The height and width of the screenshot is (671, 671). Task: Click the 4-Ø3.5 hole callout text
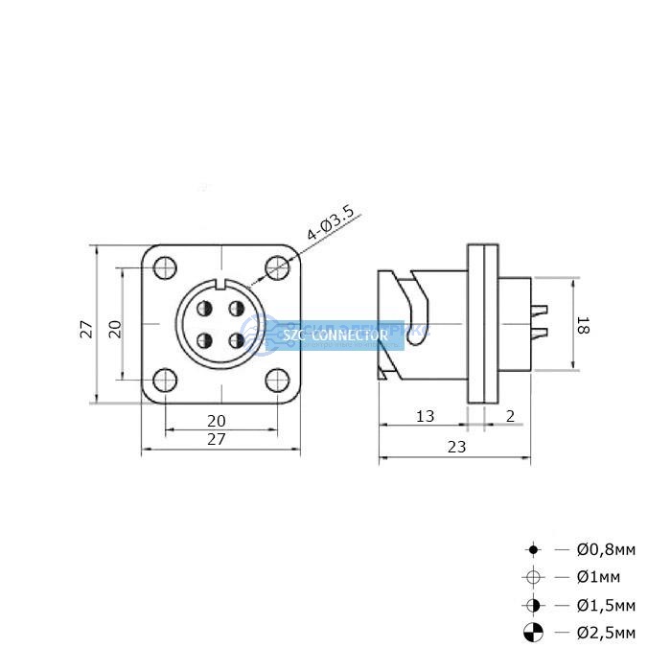pos(331,222)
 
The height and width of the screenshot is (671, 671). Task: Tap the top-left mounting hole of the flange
pos(165,267)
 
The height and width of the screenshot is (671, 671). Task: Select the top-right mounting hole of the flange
pos(277,267)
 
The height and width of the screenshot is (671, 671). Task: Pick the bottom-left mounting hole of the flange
pos(165,380)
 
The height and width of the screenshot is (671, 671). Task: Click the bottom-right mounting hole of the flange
pos(277,380)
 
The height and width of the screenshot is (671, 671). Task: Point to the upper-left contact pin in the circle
pos(204,308)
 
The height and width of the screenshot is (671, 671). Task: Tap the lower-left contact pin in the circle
pos(204,340)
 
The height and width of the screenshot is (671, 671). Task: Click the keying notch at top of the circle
pos(221,284)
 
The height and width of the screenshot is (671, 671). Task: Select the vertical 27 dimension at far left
pos(86,329)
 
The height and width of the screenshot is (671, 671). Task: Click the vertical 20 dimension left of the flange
pos(115,329)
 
